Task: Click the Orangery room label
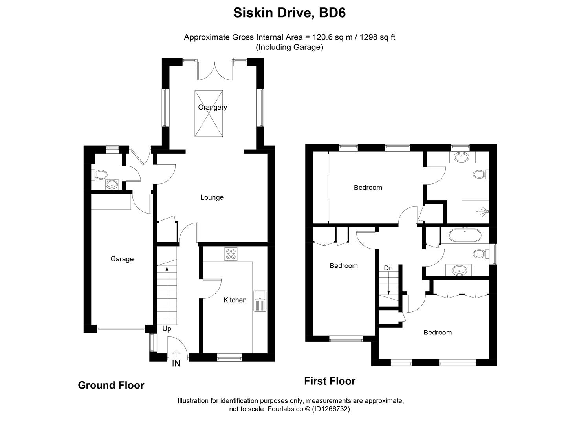coord(212,107)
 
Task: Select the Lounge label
coord(212,197)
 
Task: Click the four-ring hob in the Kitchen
coord(231,254)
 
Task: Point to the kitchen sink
coord(260,301)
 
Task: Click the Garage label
coord(122,259)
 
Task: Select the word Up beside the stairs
coord(167,329)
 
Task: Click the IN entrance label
coord(176,364)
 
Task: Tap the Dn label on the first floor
coord(388,268)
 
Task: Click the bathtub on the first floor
coord(465,236)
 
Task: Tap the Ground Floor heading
coord(111,385)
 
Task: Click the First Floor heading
coord(330,381)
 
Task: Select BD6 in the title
coord(332,13)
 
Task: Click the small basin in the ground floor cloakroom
coord(112,184)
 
